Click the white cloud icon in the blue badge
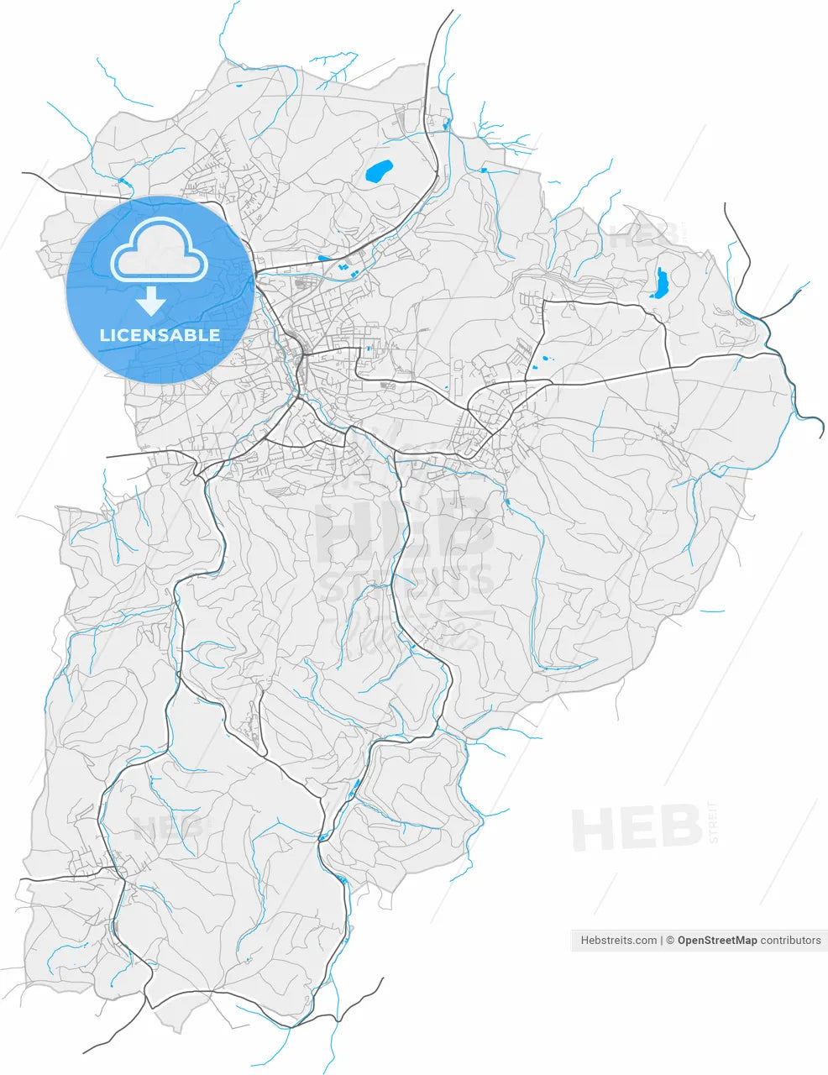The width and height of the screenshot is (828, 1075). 160,249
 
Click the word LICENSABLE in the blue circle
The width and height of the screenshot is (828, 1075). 160,335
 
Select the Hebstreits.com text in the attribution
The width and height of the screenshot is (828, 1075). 619,941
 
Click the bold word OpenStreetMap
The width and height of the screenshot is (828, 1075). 717,941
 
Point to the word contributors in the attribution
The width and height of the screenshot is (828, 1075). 790,941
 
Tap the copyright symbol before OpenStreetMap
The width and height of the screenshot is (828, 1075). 670,941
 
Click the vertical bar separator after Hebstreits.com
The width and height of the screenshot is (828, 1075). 662,941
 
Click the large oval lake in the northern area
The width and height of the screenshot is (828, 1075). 380,172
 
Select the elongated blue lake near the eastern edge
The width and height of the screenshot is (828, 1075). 660,284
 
